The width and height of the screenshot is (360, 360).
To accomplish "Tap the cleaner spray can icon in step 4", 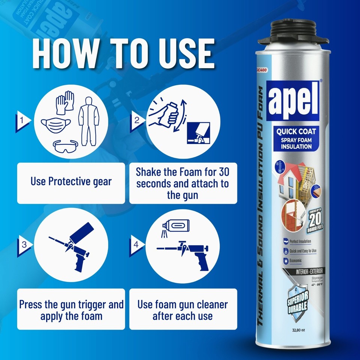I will [x=175, y=226].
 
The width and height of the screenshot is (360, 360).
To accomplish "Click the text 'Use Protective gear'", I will [x=71, y=181].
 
